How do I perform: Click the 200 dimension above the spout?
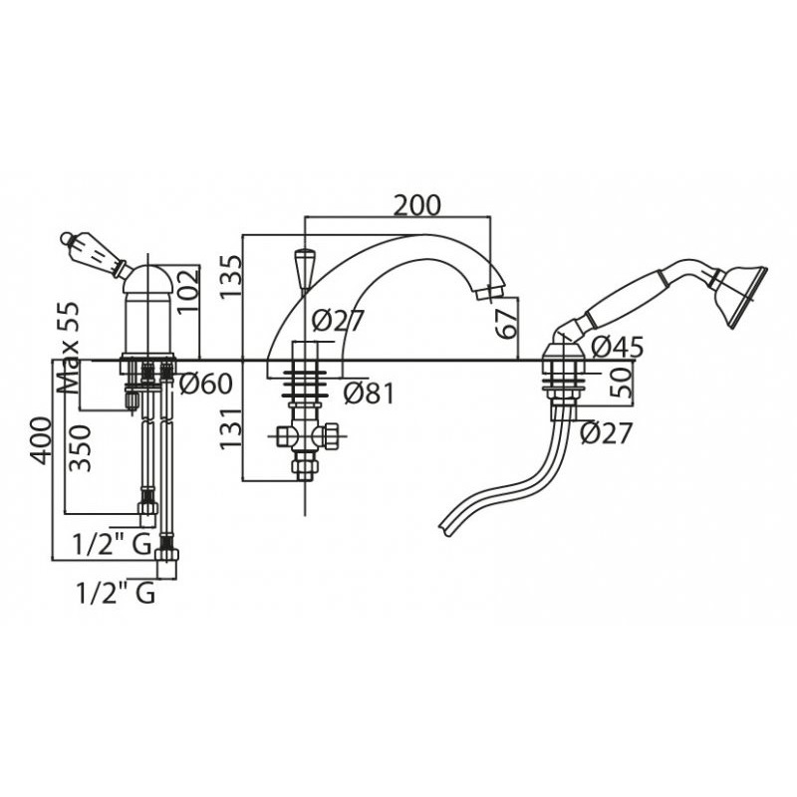(x=417, y=206)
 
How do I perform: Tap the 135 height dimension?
(x=232, y=277)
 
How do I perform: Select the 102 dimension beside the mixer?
(x=187, y=291)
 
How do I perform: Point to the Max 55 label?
(x=68, y=348)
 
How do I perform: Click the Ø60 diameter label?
(x=206, y=384)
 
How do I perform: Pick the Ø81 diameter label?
(x=369, y=394)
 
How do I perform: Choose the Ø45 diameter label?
(x=618, y=348)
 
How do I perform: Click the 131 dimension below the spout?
(x=232, y=428)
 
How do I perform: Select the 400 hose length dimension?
(x=41, y=440)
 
